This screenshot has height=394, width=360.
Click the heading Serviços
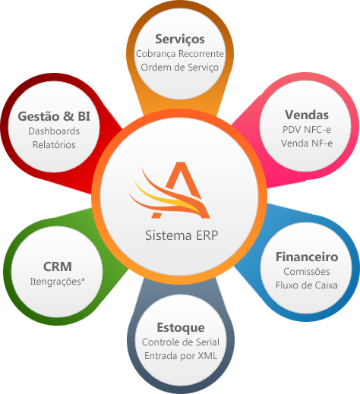pyautogui.click(x=180, y=39)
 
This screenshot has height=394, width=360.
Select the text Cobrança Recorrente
pyautogui.click(x=180, y=54)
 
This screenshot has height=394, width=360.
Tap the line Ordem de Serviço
pyautogui.click(x=180, y=68)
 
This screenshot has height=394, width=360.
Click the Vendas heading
pyautogui.click(x=307, y=115)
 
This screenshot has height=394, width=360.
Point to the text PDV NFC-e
pyautogui.click(x=307, y=130)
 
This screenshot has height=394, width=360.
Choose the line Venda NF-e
pyautogui.click(x=307, y=143)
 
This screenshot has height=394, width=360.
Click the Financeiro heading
pyautogui.click(x=307, y=257)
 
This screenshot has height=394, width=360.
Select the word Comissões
pyautogui.click(x=307, y=272)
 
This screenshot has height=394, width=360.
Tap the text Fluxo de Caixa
pyautogui.click(x=307, y=285)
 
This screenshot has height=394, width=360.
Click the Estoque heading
pyautogui.click(x=180, y=327)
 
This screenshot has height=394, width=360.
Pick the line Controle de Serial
pyautogui.click(x=180, y=342)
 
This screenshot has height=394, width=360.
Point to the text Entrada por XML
pyautogui.click(x=180, y=356)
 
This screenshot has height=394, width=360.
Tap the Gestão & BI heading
pyautogui.click(x=54, y=116)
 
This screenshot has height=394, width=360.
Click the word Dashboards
pyautogui.click(x=54, y=131)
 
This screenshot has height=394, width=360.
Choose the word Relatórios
pyautogui.click(x=54, y=144)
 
